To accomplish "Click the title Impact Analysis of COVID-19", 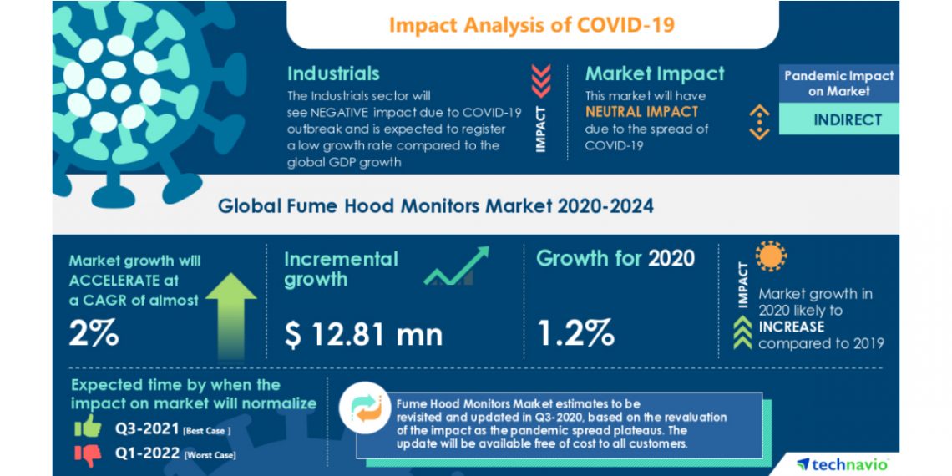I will tap(531, 24).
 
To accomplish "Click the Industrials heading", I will tap(333, 73).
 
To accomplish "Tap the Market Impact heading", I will tap(654, 73).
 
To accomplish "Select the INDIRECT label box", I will tap(838, 119).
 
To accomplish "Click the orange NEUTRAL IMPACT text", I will tap(641, 111).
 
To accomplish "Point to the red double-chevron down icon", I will tap(541, 80).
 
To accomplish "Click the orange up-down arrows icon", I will tap(758, 121).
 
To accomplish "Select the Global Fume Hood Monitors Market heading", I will tap(435, 205).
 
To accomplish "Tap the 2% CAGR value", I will tap(94, 334).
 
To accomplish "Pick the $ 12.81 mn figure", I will tap(362, 334).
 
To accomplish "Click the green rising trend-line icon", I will tap(455, 266).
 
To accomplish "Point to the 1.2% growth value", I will tap(575, 332).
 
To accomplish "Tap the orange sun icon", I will tap(771, 256).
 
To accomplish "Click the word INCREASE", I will tap(791, 327).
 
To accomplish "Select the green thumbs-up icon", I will tap(87, 428).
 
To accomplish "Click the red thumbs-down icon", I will tap(87, 454).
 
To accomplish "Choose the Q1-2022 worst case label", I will tap(174, 454).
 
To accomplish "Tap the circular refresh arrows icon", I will tap(365, 408).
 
